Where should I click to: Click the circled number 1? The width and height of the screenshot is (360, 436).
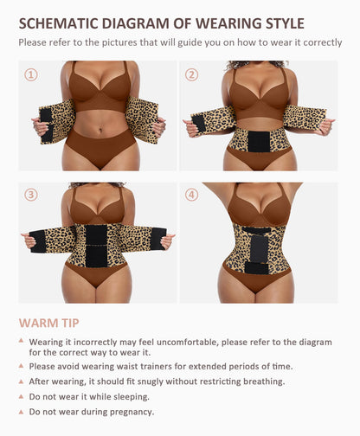pos(31,74)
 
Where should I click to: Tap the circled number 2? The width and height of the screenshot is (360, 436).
pos(191,74)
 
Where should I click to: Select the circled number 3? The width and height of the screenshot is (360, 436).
pos(31,195)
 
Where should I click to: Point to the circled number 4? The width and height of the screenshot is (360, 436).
pos(191,195)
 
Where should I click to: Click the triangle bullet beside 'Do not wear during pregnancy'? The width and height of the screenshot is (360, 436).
pos(21,411)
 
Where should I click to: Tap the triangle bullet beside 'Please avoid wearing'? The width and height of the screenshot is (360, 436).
pos(21,366)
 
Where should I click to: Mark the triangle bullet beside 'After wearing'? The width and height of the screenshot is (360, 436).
pos(21,381)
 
